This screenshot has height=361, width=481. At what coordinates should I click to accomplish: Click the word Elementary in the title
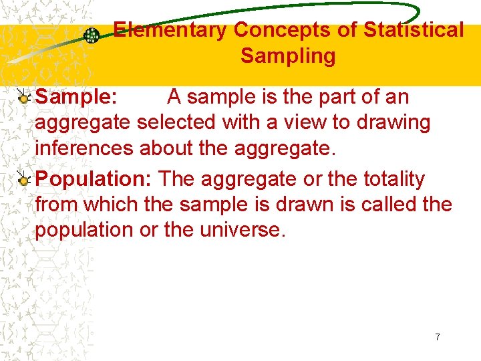pyautogui.click(x=170, y=30)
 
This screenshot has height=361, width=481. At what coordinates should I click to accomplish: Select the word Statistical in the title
pyautogui.click(x=414, y=30)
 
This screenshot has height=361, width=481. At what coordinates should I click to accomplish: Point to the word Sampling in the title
pyautogui.click(x=288, y=55)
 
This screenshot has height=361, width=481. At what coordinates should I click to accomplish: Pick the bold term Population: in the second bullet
pyautogui.click(x=95, y=179)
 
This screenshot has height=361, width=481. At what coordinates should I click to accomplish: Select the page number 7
pyautogui.click(x=438, y=337)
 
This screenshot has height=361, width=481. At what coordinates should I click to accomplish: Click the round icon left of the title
pyautogui.click(x=92, y=35)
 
